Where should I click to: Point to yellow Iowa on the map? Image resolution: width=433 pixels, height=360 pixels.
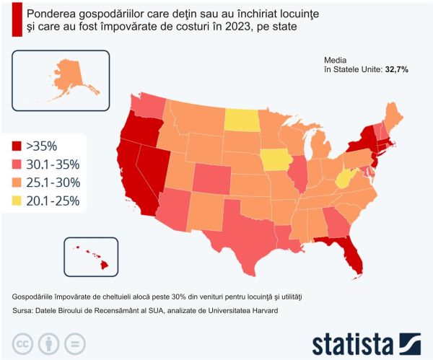(x=274, y=159)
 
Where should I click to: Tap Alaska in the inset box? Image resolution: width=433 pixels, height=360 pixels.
(x=71, y=76)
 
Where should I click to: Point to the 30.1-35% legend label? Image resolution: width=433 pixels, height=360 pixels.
(x=53, y=164)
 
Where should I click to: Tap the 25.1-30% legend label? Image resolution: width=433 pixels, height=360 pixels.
(x=53, y=183)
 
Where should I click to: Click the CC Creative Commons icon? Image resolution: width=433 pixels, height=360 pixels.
(x=24, y=342)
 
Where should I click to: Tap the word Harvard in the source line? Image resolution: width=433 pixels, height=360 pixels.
(x=258, y=311)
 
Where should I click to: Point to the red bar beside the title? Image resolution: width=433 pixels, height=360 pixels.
(x=16, y=19)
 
